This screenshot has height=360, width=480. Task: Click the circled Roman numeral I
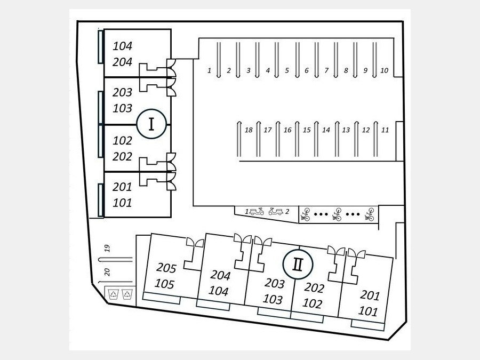(152, 124)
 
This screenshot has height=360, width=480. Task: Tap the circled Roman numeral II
(298, 264)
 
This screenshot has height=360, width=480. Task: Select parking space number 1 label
(210, 70)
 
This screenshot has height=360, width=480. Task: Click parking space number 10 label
(384, 70)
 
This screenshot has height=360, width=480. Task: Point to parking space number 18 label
(248, 130)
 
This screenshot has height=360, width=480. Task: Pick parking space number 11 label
(385, 130)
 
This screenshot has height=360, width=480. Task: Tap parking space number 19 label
(107, 247)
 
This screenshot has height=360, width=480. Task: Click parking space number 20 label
(107, 272)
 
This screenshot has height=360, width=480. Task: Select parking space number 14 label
(326, 130)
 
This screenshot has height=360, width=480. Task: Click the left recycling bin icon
(114, 293)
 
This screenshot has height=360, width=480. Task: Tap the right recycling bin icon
(127, 293)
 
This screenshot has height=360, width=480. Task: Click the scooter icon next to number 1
(257, 211)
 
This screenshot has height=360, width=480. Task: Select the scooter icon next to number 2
(276, 211)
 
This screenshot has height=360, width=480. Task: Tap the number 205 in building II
(166, 267)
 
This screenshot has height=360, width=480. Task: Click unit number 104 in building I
(122, 46)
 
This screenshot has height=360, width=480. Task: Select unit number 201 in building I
(122, 187)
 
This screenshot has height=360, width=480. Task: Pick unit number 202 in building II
(314, 288)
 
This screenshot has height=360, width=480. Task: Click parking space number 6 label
(306, 70)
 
